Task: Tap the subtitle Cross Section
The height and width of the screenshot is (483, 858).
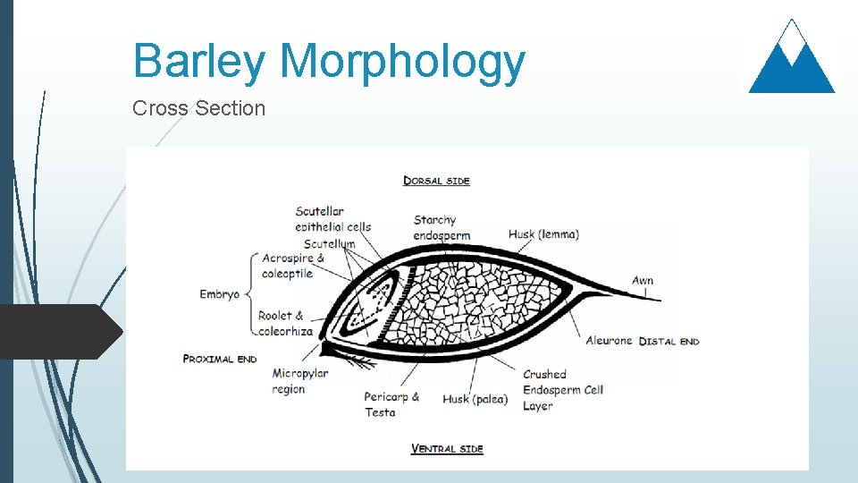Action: pos(198,108)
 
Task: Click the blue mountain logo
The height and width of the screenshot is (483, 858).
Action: pos(792,57)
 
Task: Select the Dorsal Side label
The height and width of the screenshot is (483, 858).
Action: pos(436,181)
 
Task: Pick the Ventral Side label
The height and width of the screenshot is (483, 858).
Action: pos(447,448)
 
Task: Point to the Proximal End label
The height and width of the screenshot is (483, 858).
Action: pos(220,360)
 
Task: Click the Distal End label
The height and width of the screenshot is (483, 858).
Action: pos(669,341)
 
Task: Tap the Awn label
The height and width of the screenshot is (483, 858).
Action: pos(643,281)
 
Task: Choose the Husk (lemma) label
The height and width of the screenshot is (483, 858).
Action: pos(543,234)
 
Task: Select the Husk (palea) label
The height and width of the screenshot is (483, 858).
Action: pos(475,399)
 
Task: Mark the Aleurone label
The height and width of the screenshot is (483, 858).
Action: pos(609,341)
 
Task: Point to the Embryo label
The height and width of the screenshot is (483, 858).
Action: pos(220,294)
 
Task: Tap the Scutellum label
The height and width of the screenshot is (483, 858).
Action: pos(329,243)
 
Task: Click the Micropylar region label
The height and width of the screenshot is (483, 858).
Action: pos(300,381)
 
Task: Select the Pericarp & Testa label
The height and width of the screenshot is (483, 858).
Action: pos(391,404)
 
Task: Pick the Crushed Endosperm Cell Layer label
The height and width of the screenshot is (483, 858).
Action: pos(562,390)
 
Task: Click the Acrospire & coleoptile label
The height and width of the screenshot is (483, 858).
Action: pos(292,266)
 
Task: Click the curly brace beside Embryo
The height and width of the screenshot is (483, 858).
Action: pos(248,293)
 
